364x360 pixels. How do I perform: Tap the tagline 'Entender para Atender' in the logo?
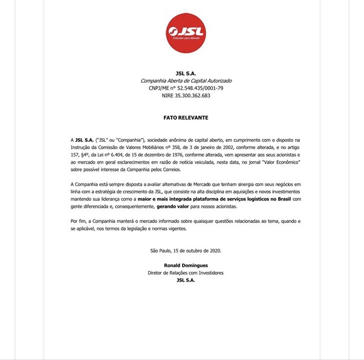186,39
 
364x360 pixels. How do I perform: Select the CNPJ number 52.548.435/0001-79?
200,88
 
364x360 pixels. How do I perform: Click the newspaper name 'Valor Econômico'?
281,162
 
